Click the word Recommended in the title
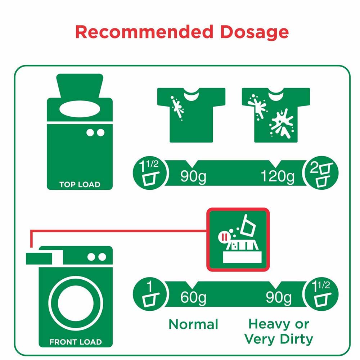click(x=144, y=32)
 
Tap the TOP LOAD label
click(x=80, y=184)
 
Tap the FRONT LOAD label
click(x=76, y=342)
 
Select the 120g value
click(x=278, y=176)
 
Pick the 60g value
click(x=193, y=298)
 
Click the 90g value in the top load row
click(x=193, y=176)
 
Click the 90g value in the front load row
click(x=279, y=298)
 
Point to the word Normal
click(x=193, y=324)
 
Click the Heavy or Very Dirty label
click(x=279, y=332)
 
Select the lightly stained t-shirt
click(x=191, y=115)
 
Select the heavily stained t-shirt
click(x=276, y=115)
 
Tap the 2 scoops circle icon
click(x=320, y=173)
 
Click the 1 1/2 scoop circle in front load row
click(x=320, y=294)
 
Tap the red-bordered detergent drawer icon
click(x=238, y=240)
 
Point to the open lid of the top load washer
click(x=80, y=86)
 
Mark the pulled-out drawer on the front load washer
click(x=39, y=258)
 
